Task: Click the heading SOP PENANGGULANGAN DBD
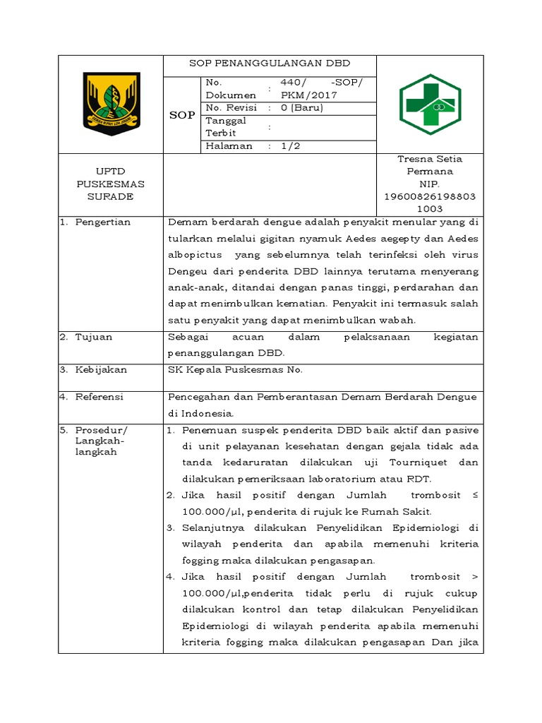(x=270, y=63)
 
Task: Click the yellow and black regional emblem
(x=112, y=104)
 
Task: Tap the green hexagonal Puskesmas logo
(x=429, y=104)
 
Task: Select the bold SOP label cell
(x=182, y=115)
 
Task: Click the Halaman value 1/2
(x=290, y=146)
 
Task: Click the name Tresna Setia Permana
(x=430, y=165)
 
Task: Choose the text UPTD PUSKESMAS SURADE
(x=110, y=184)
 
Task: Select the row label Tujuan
(x=94, y=337)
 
